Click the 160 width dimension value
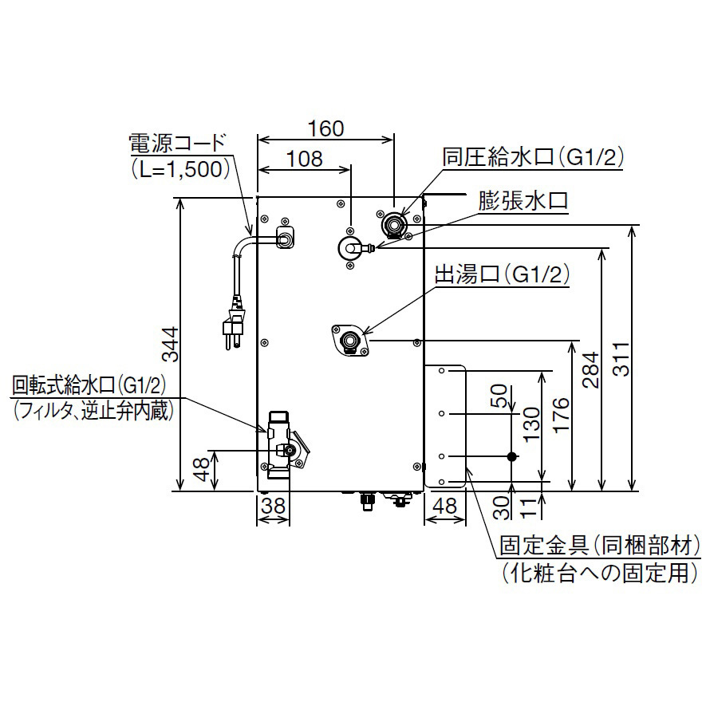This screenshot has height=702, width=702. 325,128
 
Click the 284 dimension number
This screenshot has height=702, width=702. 591,369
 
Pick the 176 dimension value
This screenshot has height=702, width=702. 562,415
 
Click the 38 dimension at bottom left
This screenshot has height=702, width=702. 273,505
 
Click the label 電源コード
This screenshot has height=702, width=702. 178,144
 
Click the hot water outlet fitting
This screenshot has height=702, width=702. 349,341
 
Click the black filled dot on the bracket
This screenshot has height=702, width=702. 512,456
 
